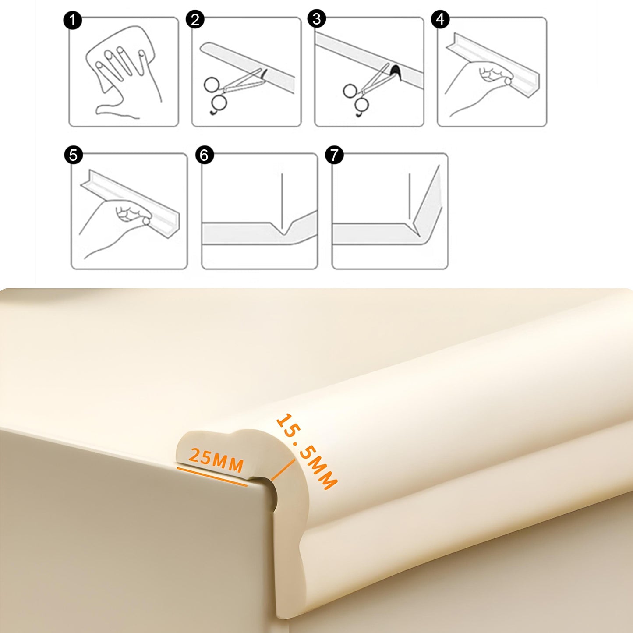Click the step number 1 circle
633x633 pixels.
pos(72,20)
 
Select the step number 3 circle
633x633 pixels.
pos(317,18)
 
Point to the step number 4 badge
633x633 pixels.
pos(440,19)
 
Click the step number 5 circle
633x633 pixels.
pos(74,154)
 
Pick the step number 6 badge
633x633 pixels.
pos(204,154)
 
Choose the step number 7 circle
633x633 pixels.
pos(334,154)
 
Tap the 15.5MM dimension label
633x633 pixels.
pos(306,451)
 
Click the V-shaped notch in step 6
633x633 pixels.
pos(283,228)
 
